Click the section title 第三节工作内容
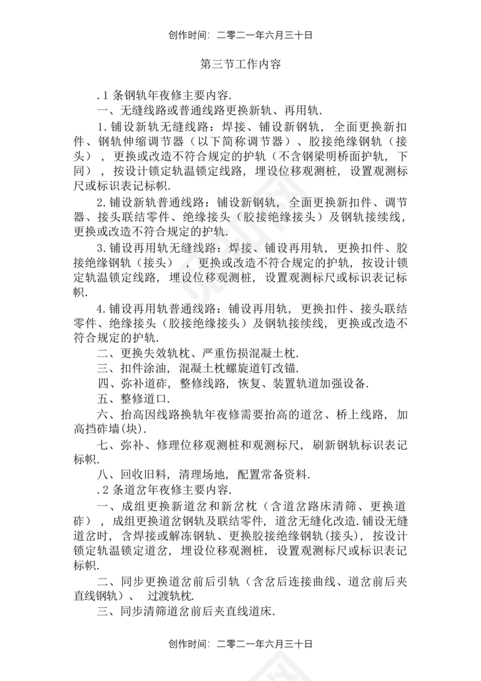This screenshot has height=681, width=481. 240,64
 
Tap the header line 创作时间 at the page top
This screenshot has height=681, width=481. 240,35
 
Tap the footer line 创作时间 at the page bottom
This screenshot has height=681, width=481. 240,644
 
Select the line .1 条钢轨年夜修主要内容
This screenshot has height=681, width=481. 165,95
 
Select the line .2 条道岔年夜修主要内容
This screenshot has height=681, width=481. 165,490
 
